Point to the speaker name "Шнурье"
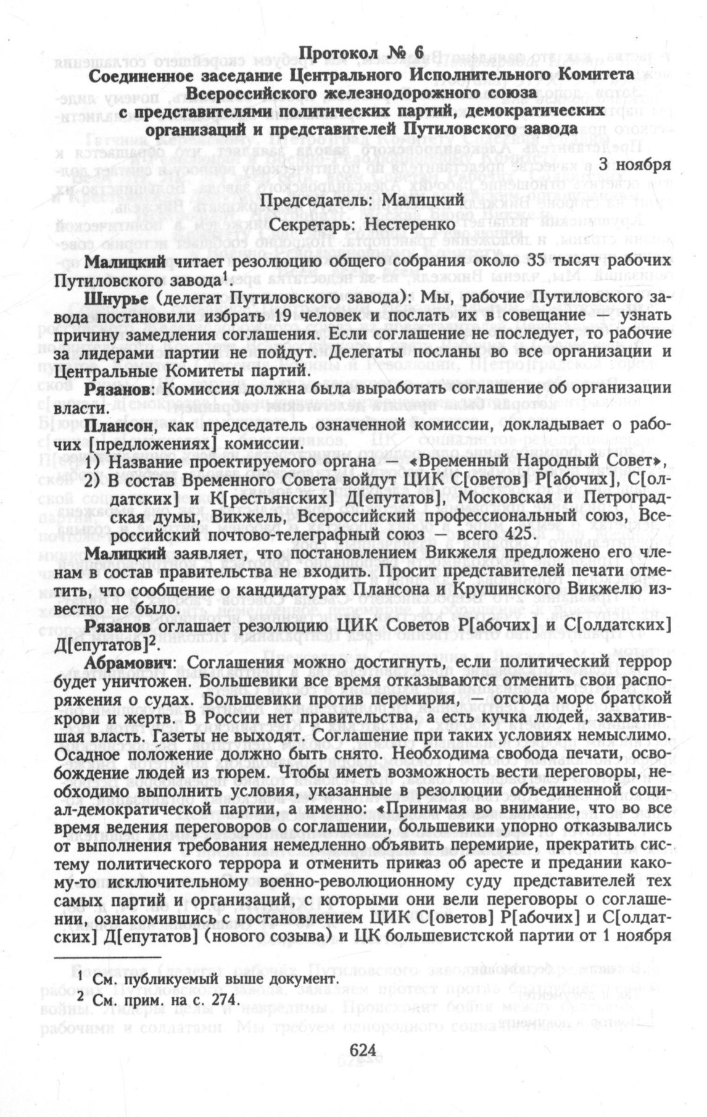click(x=115, y=297)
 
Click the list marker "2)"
click(x=92, y=480)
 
